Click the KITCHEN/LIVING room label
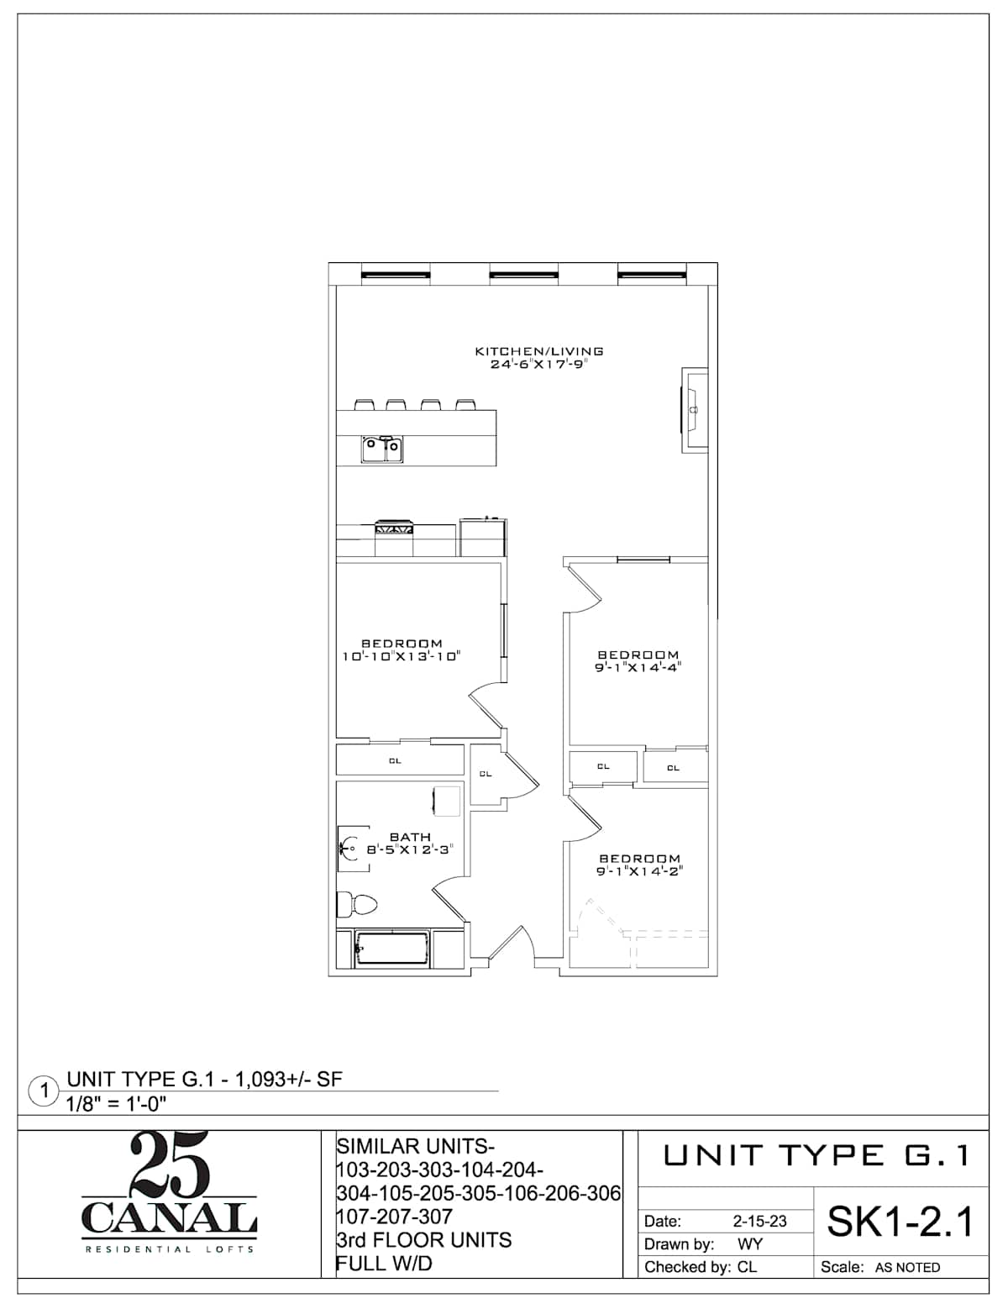(539, 350)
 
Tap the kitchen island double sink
(382, 449)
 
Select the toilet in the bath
(356, 903)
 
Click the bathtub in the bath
(392, 949)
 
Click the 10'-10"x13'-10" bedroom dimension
(402, 656)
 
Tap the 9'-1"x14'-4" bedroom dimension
(638, 667)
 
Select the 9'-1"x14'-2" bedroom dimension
(639, 871)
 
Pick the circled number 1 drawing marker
(44, 1092)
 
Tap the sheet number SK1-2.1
(900, 1222)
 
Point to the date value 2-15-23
(759, 1221)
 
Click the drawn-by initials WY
(749, 1244)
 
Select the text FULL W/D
(384, 1264)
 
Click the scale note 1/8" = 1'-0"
(116, 1104)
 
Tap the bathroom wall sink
(353, 849)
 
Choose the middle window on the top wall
(523, 275)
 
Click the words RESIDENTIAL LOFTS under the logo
(169, 1249)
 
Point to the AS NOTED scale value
(907, 1268)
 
